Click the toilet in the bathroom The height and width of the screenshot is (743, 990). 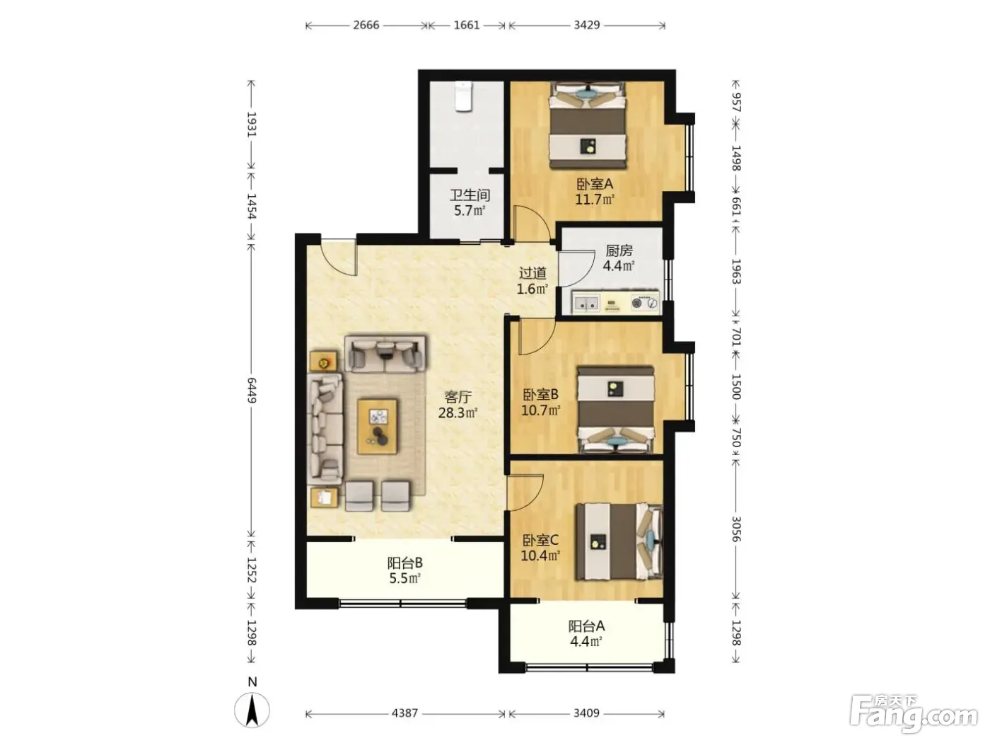(463, 96)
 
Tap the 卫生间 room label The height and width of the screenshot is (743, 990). (470, 195)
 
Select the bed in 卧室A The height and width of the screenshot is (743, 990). (588, 125)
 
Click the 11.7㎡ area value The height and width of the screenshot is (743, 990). (595, 200)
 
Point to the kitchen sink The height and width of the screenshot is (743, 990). (586, 302)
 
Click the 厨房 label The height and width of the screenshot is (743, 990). (619, 250)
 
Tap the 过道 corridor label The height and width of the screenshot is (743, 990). (532, 273)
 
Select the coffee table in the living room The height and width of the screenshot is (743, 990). (378, 426)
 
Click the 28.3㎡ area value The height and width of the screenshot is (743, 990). (458, 413)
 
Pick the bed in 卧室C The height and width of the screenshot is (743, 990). (619, 541)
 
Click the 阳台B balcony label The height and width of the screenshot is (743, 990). (405, 563)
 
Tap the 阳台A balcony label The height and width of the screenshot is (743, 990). (586, 626)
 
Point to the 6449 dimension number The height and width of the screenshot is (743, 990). (252, 391)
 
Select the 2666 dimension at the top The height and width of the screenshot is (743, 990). (366, 25)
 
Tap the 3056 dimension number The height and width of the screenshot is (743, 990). (735, 529)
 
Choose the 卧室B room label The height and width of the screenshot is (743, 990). (541, 395)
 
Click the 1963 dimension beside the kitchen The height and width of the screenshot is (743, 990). (735, 271)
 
